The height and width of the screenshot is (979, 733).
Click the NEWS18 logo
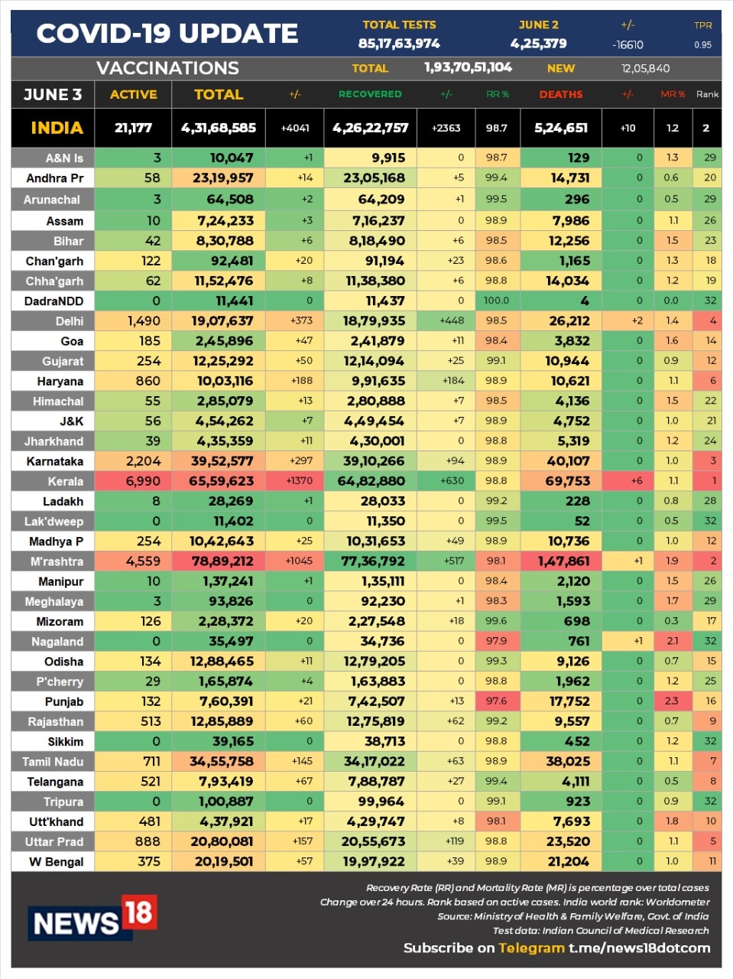[92, 918]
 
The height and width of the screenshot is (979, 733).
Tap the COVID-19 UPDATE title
[167, 34]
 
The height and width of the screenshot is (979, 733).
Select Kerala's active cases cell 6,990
[142, 481]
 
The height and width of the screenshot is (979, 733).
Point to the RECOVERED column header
[370, 94]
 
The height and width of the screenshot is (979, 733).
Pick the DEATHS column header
[560, 94]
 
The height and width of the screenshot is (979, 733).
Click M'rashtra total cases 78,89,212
[222, 561]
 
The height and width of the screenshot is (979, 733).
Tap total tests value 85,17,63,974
[399, 44]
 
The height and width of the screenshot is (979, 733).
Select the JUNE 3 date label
[53, 94]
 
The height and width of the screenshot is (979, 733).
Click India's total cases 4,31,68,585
[219, 128]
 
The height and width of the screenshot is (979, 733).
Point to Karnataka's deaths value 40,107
[568, 461]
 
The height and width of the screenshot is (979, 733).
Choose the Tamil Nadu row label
[53, 762]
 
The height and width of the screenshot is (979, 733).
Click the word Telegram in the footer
[531, 948]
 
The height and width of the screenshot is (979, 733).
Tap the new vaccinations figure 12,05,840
[645, 68]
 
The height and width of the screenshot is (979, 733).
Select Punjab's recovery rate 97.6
[496, 701]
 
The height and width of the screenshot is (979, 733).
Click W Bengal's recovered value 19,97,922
[374, 861]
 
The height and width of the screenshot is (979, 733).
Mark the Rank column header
[707, 94]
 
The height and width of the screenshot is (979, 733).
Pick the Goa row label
[72, 341]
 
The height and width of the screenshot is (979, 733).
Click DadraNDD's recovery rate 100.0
[496, 301]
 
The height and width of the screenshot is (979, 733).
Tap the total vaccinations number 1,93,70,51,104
[468, 67]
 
